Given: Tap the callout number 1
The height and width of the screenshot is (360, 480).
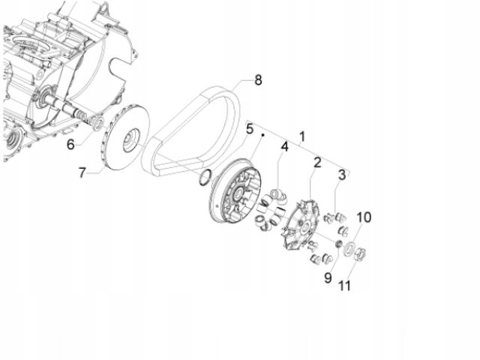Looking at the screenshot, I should point(301,137).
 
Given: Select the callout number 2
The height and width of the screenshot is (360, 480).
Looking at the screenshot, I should point(317,162).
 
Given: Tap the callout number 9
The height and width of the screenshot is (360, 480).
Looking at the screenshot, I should point(328,277).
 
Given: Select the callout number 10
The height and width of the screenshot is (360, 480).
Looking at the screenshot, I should point(363,217).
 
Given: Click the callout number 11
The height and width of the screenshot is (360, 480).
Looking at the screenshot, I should point(344,286).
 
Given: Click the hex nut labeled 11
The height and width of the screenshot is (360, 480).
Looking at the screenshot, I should point(359,251).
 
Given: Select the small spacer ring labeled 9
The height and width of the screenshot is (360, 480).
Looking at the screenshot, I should point(337,244).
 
